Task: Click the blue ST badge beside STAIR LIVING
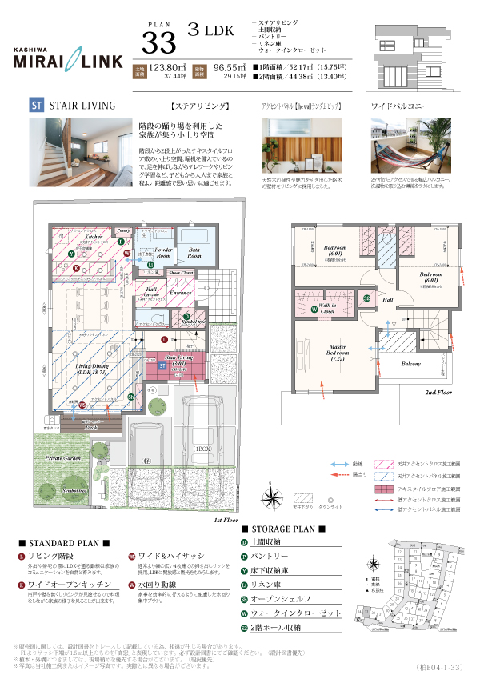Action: click(x=36, y=105)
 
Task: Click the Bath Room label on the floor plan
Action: click(x=196, y=253)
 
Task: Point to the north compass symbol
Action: click(x=270, y=498)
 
